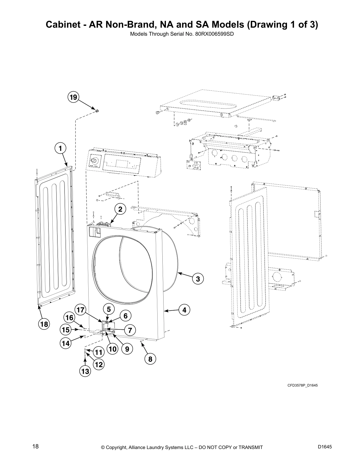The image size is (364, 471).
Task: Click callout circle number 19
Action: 73,97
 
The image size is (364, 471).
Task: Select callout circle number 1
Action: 60,148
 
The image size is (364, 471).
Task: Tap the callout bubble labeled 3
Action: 198,279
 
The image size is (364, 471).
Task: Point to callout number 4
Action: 184,310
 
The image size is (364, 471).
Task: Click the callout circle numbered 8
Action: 150,359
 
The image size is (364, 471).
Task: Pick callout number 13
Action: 85,371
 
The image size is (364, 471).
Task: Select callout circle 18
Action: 44,324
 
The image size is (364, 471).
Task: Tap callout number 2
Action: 120,209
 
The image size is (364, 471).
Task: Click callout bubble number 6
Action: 125,316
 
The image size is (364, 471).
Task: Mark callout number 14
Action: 66,343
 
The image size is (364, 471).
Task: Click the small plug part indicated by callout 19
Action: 97,111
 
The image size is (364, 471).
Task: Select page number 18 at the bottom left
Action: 35,446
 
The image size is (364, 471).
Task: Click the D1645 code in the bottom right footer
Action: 325,447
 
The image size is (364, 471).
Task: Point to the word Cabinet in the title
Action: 61,24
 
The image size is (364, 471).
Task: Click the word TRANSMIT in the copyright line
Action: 250,447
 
